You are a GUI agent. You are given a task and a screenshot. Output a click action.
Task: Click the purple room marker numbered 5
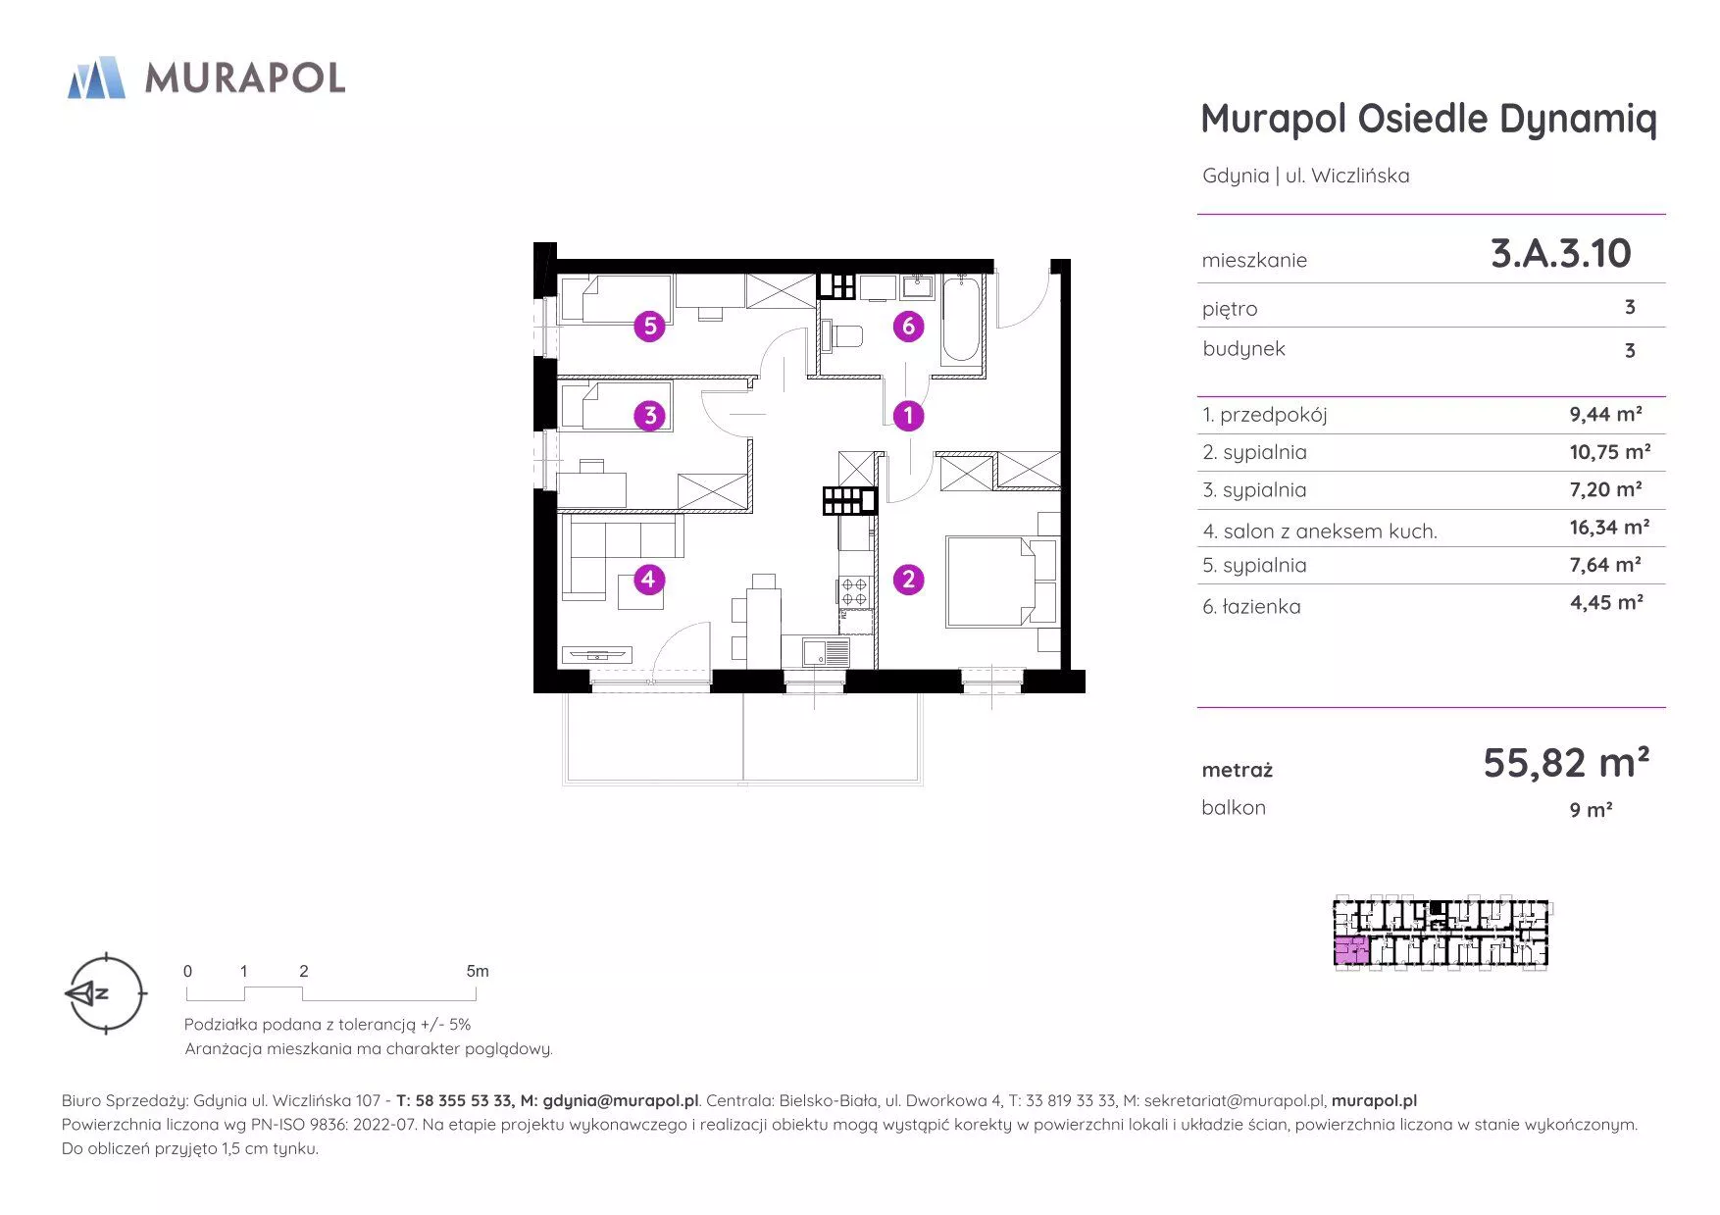(650, 326)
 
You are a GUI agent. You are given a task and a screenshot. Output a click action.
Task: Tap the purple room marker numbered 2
(908, 580)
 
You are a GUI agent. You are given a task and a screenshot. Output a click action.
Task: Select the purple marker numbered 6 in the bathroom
(908, 326)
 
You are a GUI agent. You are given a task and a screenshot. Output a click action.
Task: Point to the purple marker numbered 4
(648, 580)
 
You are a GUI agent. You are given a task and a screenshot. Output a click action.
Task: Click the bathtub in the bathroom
(961, 320)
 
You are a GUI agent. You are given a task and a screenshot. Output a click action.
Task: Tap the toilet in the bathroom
(842, 336)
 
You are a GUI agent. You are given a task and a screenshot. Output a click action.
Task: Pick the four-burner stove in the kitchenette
(854, 591)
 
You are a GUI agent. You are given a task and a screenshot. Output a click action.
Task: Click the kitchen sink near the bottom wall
(825, 652)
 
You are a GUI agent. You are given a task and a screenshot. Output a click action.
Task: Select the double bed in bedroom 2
(990, 581)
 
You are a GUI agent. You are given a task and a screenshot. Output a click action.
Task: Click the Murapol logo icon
(96, 77)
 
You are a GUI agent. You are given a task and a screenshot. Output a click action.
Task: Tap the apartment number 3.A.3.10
(1560, 253)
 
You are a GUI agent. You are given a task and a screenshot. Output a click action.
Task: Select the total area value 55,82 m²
(1566, 762)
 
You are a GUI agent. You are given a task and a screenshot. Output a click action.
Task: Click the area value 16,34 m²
(1609, 528)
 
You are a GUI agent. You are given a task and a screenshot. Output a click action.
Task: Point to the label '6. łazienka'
(1251, 607)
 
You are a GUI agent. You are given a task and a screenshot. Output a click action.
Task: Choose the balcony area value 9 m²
(1591, 810)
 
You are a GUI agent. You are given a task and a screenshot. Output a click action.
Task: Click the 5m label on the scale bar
(478, 971)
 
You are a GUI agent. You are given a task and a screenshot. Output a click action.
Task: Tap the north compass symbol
(105, 993)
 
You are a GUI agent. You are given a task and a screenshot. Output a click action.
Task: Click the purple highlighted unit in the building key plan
(1351, 951)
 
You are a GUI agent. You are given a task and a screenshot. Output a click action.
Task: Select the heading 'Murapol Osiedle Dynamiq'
(1429, 120)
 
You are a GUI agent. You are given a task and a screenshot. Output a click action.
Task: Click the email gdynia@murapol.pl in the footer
(621, 1101)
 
